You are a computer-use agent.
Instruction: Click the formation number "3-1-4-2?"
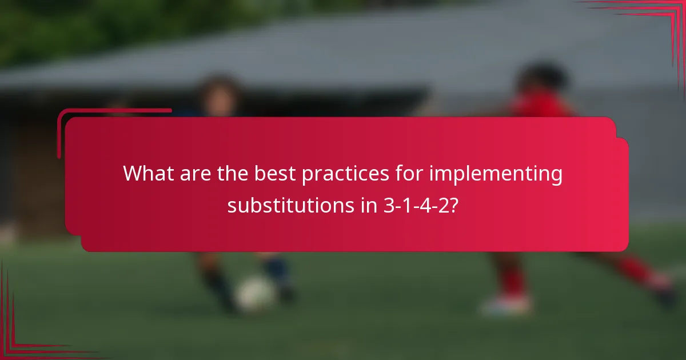(x=421, y=205)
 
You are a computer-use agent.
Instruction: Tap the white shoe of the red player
(x=506, y=306)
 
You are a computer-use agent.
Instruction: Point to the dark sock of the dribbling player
(x=214, y=280)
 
